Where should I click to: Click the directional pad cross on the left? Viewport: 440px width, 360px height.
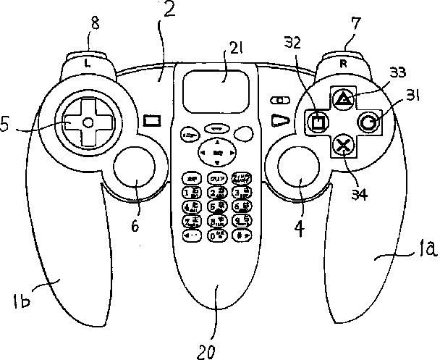point(87,123)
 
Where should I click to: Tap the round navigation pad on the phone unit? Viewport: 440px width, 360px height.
point(216,153)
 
